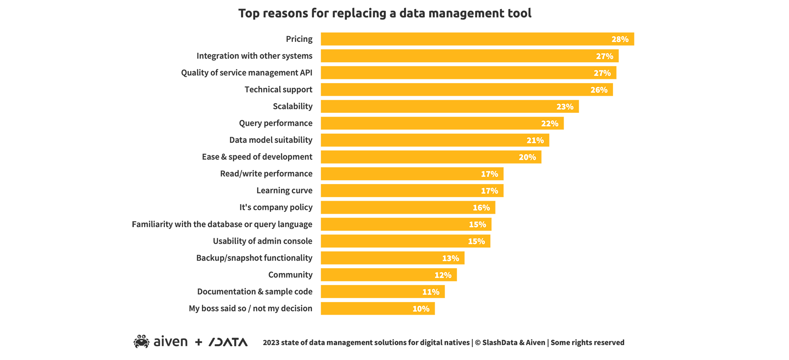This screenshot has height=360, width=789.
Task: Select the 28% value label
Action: (x=620, y=39)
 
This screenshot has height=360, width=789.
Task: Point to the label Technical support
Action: (x=278, y=90)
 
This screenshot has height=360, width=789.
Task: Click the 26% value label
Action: (x=598, y=90)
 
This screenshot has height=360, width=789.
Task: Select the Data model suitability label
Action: (x=271, y=140)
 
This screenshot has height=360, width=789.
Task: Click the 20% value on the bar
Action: (x=527, y=157)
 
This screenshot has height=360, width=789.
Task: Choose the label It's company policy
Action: (x=276, y=207)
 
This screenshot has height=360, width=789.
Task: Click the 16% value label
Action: (x=481, y=208)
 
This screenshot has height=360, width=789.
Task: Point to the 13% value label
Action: (x=450, y=258)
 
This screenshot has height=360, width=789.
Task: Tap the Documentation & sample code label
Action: (x=254, y=292)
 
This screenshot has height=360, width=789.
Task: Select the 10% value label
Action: (x=421, y=309)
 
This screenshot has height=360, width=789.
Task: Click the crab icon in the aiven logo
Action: (x=141, y=341)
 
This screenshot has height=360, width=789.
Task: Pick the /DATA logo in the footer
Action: (x=228, y=342)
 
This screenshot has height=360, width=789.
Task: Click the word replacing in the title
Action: (x=359, y=13)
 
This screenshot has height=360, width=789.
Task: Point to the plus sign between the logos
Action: (x=198, y=342)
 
